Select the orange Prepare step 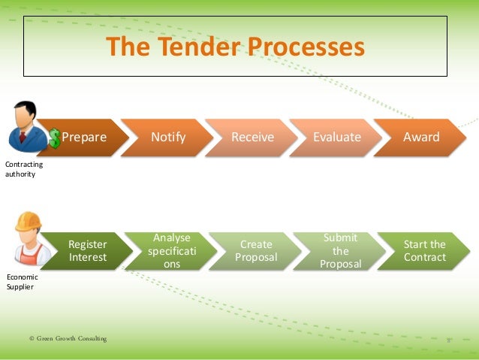tap(83, 138)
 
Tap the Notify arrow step tap(168, 138)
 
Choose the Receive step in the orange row tap(252, 138)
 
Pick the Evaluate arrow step tap(337, 138)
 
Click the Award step tap(421, 138)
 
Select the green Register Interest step tap(88, 251)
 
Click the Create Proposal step tap(256, 251)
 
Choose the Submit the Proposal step tap(340, 251)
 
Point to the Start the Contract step tap(424, 251)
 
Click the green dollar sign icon tap(55, 138)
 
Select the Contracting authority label tap(24, 169)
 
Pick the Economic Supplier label tap(22, 281)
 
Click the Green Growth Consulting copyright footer tap(68, 339)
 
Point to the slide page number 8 tap(448, 340)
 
